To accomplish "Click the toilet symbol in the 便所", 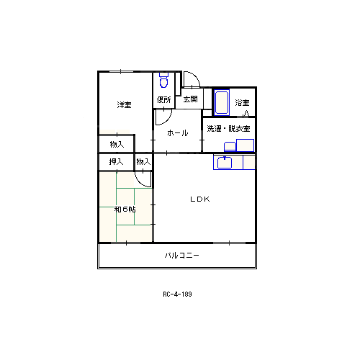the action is (163, 80).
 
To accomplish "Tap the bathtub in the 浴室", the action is (222, 103).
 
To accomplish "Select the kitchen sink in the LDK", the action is (225, 163).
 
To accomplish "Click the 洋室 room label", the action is (124, 105).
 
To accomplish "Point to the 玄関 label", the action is (191, 99).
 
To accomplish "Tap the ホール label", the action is (178, 132).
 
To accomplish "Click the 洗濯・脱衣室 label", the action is (228, 129).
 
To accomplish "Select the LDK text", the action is (200, 199).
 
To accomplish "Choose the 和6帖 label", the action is (125, 210).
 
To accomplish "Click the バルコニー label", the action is (182, 256).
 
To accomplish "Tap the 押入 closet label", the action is (116, 162).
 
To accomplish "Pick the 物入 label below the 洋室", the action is (117, 145).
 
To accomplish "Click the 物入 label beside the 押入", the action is (143, 162).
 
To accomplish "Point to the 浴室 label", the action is (242, 103).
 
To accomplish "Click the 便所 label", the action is (164, 99).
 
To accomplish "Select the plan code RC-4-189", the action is (177, 294).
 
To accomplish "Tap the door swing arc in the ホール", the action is (168, 120).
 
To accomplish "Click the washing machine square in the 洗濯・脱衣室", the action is (245, 145).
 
